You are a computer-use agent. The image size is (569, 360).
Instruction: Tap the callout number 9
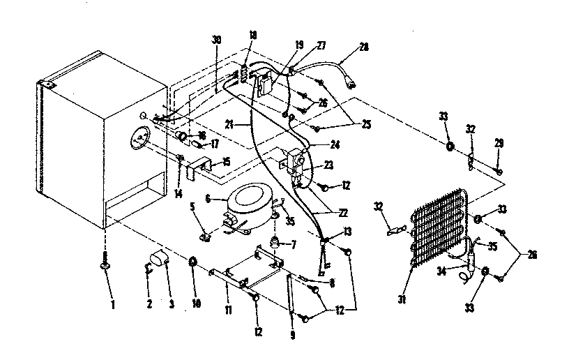[292, 335]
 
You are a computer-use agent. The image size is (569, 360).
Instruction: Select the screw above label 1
[105, 266]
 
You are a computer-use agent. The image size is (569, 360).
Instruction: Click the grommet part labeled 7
[278, 243]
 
